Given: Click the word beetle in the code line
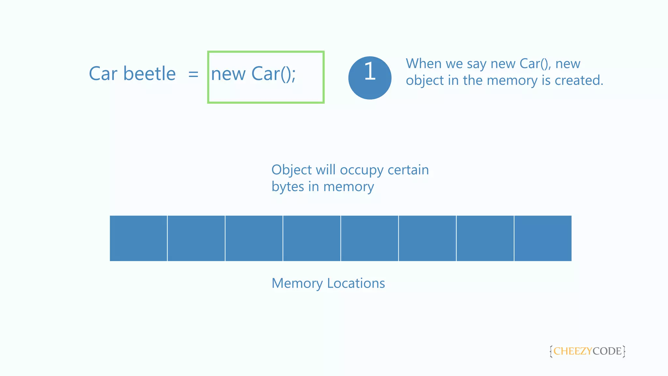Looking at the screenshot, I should [x=149, y=74].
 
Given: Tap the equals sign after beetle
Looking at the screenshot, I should [x=193, y=74].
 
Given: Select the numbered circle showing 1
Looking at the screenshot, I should [x=370, y=78].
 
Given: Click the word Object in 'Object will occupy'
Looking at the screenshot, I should [x=292, y=170].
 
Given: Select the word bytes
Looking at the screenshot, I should [x=288, y=187].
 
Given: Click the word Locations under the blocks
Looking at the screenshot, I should [x=356, y=283].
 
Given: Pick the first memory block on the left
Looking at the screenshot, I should [x=138, y=238].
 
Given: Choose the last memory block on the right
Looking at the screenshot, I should [x=543, y=238].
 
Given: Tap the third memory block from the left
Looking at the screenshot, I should [x=254, y=238].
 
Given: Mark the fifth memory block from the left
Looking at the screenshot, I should [x=370, y=238].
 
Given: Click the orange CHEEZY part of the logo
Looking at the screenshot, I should [x=572, y=351].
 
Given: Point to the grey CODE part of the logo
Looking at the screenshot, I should [x=607, y=351].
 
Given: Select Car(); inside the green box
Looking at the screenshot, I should [x=273, y=74].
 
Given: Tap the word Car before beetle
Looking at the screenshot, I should [x=103, y=74].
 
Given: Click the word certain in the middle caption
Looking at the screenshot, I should [x=408, y=170].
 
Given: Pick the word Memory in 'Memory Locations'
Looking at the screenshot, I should [x=297, y=283].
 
